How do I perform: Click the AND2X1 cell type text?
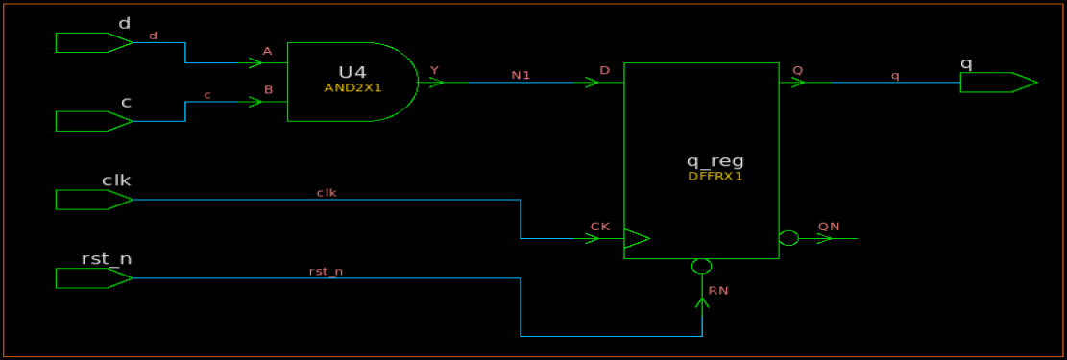pyautogui.click(x=352, y=87)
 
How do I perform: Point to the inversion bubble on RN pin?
pyautogui.click(x=701, y=266)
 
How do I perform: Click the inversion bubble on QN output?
pyautogui.click(x=788, y=239)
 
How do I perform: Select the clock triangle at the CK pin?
pyautogui.click(x=636, y=239)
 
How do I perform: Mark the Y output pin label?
pyautogui.click(x=434, y=70)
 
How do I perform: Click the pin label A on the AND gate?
pyautogui.click(x=267, y=52)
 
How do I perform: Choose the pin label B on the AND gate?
pyautogui.click(x=268, y=91)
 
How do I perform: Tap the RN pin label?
pyautogui.click(x=717, y=290)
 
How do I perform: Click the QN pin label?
pyautogui.click(x=828, y=227)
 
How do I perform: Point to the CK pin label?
pyautogui.click(x=599, y=228)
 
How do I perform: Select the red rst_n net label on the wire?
pyautogui.click(x=326, y=272)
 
